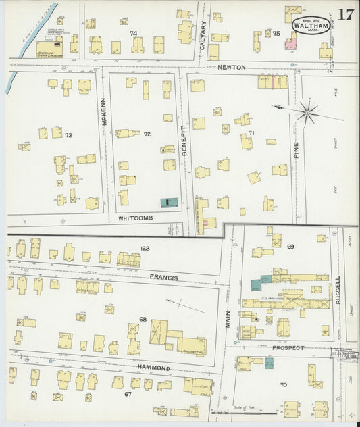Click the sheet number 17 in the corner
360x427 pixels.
point(346,15)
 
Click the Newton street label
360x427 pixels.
point(232,67)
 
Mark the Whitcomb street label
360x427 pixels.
point(137,219)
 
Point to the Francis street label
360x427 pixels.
point(164,277)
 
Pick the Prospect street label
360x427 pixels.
point(288,347)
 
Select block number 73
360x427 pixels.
point(68,135)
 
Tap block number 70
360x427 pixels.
point(283,384)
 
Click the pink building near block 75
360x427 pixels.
point(291,44)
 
